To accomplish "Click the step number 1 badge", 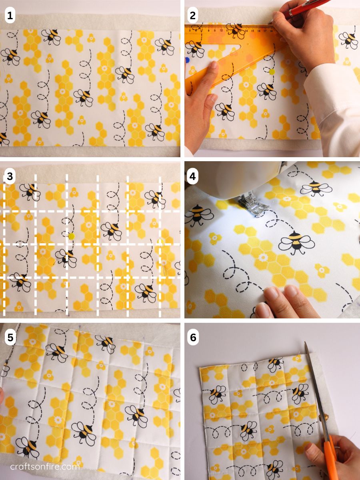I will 10,16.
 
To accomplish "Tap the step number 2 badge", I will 193,16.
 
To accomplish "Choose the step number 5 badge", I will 10,337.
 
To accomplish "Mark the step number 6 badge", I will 193,337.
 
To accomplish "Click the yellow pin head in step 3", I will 72,236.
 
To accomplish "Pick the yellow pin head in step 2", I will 272,72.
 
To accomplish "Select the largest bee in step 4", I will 296,241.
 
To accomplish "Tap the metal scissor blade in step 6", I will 314,380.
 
